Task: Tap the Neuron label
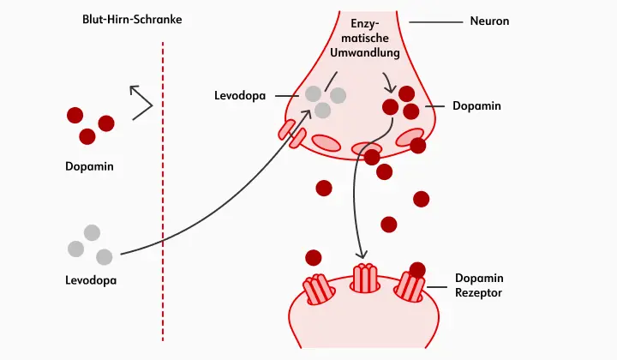(490, 20)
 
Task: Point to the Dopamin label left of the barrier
(89, 166)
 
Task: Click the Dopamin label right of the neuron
(476, 106)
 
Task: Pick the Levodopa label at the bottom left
(91, 280)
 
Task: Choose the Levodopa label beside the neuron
(242, 93)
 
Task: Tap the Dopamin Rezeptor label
(479, 285)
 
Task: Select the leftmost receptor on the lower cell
(318, 289)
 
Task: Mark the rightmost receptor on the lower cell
(410, 288)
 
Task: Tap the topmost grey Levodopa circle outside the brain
(92, 232)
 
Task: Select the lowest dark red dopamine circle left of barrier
(87, 136)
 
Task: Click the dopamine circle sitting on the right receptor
(417, 270)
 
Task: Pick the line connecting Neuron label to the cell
(433, 21)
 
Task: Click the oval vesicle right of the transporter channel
(326, 142)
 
